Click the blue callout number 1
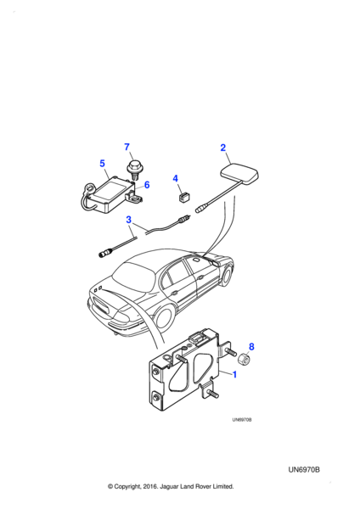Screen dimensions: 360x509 [234, 374]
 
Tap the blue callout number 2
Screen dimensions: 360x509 [223, 148]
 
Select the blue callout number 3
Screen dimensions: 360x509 [129, 220]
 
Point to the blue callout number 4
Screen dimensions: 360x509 [176, 178]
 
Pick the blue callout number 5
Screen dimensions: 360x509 [103, 163]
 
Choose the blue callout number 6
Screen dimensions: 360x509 [147, 185]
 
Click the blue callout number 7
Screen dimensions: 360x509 [127, 147]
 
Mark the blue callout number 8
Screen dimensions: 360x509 [251, 347]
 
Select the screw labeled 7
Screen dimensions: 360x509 [133, 171]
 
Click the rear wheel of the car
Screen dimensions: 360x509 [164, 316]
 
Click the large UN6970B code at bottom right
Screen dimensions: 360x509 [304, 470]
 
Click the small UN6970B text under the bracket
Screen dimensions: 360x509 [242, 420]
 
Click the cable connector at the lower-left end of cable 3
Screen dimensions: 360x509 [105, 252]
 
